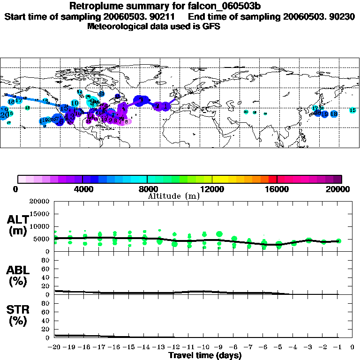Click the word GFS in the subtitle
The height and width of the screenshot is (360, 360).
coord(211,26)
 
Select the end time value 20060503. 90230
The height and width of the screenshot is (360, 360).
coord(319,16)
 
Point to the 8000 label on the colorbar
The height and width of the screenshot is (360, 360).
coord(147,189)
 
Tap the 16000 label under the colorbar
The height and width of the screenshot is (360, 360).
coord(277,189)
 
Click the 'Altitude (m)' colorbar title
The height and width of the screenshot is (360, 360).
coord(173,196)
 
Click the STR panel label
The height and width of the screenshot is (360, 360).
coord(17,315)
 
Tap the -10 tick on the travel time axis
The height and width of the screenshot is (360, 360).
coord(204,347)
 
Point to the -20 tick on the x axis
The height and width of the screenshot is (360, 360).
coord(55,347)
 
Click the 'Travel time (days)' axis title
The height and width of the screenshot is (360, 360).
coord(205,355)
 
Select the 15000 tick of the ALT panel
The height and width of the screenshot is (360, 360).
coord(39,214)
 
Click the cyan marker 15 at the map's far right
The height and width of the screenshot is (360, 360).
coord(352,110)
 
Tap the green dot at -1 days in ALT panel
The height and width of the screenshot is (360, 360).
coord(338,241)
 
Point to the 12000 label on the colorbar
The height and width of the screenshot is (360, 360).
coord(212,189)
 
